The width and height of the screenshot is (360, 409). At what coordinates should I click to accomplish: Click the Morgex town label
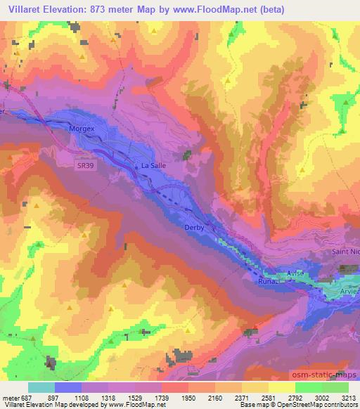tap(82, 129)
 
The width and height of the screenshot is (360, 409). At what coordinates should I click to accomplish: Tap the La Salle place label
tap(153, 166)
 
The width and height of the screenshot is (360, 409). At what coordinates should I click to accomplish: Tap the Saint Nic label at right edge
tap(345, 251)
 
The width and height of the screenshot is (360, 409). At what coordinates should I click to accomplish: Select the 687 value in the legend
tap(27, 397)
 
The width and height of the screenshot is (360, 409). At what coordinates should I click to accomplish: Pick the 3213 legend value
tap(347, 397)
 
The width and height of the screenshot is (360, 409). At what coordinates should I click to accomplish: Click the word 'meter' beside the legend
tap(11, 397)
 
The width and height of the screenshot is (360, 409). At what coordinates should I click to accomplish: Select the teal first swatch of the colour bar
tap(41, 387)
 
